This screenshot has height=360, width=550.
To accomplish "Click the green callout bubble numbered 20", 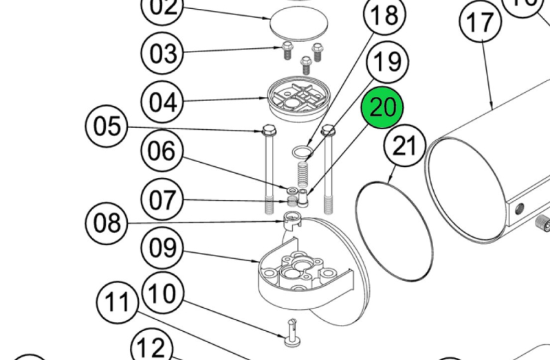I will tap(382, 109).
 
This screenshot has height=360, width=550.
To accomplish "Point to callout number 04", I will tap(163, 102).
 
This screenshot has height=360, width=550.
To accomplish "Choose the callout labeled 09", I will tap(163, 247).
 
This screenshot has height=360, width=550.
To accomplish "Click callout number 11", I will tap(118, 302).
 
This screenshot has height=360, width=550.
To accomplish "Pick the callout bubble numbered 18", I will tap(385, 15).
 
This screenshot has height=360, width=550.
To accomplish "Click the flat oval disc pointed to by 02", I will tap(298, 23).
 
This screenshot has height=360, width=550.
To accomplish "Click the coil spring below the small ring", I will tap(302, 172).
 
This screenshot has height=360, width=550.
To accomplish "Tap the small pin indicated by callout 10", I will tap(291, 336).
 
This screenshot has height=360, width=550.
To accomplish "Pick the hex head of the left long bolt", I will tap(267, 130).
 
